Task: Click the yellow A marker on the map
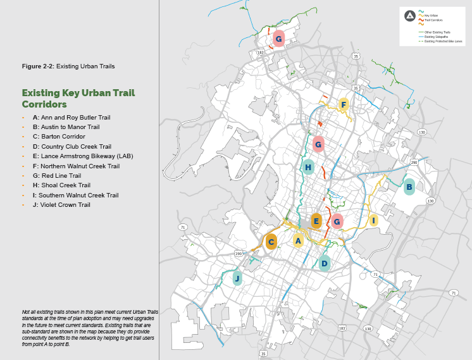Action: point(298,240)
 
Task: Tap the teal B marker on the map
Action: point(409,187)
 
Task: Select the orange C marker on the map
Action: point(271,242)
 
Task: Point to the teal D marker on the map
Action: point(325,264)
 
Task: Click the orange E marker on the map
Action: point(316,221)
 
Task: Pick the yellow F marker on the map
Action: point(344,104)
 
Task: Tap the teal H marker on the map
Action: point(308,168)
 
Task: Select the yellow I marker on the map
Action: point(373,221)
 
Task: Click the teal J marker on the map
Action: point(237,278)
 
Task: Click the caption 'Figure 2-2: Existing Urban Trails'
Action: point(68,66)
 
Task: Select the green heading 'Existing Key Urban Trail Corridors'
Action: point(78,98)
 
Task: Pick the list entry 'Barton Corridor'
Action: point(63,137)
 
